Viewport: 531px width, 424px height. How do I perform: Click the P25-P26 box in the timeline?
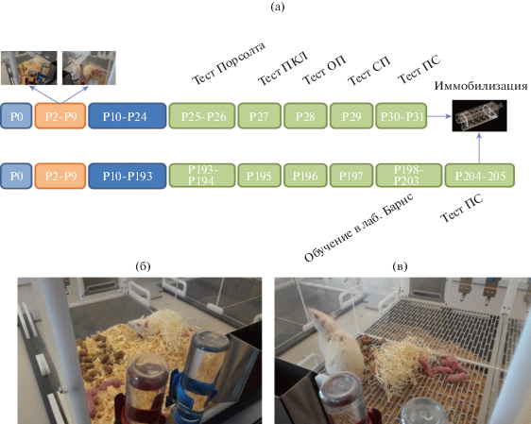[202, 116]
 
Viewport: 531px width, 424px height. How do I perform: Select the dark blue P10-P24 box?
[128, 116]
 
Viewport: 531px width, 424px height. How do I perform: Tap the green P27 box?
[260, 116]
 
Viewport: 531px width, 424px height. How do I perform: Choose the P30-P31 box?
[402, 116]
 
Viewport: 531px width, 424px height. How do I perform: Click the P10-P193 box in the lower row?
[128, 176]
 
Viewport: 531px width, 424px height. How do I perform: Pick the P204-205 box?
[480, 176]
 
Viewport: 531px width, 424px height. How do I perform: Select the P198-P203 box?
[409, 176]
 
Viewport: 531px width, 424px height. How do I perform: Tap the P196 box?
[305, 176]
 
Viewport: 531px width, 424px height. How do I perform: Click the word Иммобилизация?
[481, 86]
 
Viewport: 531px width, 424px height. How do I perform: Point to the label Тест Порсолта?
[229, 63]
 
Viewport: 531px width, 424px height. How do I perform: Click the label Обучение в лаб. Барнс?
[359, 228]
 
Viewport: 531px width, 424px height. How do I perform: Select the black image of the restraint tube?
[479, 116]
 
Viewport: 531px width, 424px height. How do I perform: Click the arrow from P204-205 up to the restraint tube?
[479, 148]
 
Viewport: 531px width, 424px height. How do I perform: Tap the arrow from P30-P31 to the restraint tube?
[439, 116]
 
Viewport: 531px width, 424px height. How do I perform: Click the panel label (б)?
[143, 266]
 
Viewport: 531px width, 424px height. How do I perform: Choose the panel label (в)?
[400, 266]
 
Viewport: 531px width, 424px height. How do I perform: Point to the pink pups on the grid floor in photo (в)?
[441, 368]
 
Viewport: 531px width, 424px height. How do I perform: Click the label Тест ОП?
[324, 70]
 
